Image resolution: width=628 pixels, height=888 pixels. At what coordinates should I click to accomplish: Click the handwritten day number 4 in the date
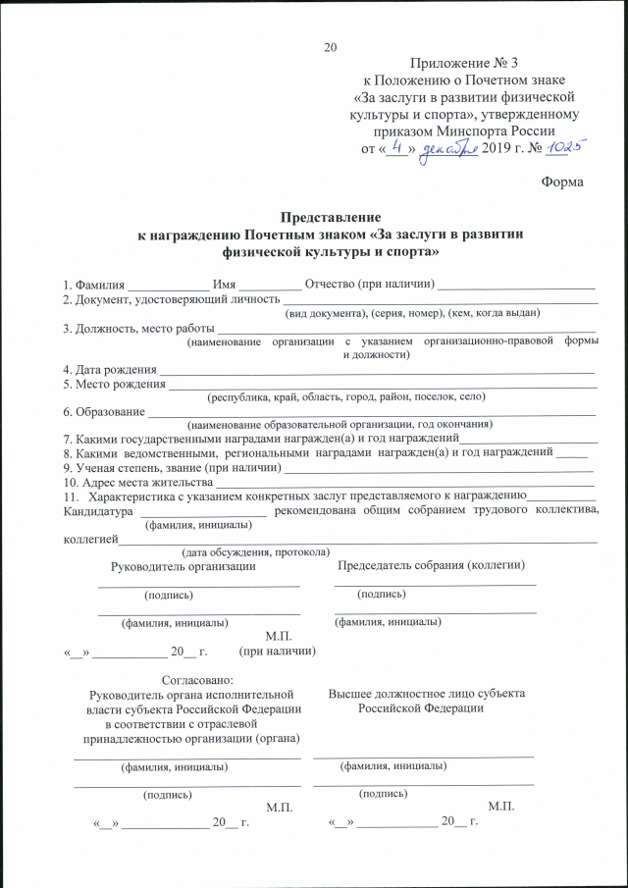tap(396, 146)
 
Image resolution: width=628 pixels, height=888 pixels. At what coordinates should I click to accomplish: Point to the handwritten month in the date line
tap(447, 147)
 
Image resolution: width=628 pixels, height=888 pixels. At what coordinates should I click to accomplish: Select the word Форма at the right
tap(562, 183)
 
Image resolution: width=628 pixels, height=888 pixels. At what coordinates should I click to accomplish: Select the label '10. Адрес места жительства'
tap(137, 482)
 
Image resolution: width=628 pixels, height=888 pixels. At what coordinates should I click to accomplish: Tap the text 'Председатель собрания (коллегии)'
tap(431, 565)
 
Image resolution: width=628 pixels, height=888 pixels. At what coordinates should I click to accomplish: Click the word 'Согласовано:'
tap(196, 678)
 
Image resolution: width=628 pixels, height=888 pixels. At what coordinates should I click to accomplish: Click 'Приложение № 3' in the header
tap(464, 62)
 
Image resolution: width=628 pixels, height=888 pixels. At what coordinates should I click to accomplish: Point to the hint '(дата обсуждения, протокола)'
tap(256, 552)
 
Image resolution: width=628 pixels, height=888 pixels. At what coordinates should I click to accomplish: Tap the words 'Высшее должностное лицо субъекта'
tap(426, 693)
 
